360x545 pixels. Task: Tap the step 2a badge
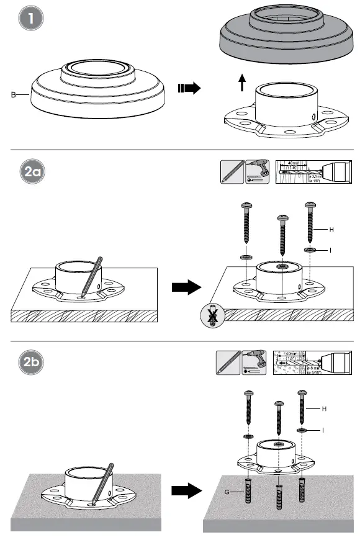tap(30, 172)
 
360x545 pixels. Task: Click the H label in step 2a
tap(331, 230)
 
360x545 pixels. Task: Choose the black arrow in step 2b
tap(186, 491)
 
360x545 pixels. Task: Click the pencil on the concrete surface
tap(102, 482)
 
